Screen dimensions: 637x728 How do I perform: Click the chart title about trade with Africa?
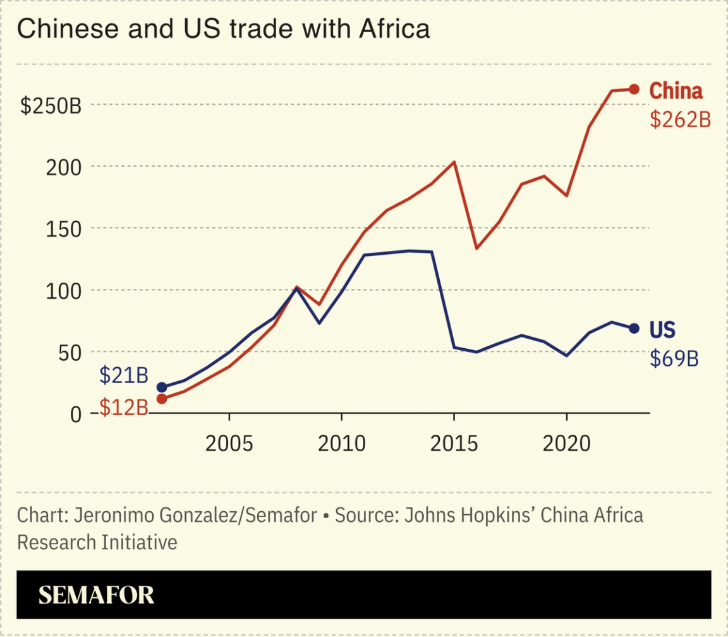tap(223, 29)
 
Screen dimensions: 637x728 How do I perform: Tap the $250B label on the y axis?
tap(51, 106)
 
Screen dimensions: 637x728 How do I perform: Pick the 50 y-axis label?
tap(71, 353)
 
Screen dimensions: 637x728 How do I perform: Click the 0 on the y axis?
tap(76, 414)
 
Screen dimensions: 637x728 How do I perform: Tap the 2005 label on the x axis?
tap(229, 444)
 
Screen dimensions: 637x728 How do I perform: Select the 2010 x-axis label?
tap(341, 444)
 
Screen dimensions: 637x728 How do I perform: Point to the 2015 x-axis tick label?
tap(454, 444)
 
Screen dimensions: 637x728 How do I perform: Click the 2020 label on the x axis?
tap(566, 444)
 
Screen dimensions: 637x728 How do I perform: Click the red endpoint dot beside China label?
tap(634, 90)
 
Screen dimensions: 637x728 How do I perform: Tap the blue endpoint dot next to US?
tap(634, 329)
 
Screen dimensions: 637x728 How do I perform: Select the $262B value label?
tap(680, 120)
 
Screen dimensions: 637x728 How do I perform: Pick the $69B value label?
tap(674, 359)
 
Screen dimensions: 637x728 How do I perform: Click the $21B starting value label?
tap(123, 375)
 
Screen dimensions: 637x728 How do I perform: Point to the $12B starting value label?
tap(123, 408)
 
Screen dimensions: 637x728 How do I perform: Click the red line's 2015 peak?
tap(454, 162)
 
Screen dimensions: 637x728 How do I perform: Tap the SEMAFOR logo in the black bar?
tap(96, 595)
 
